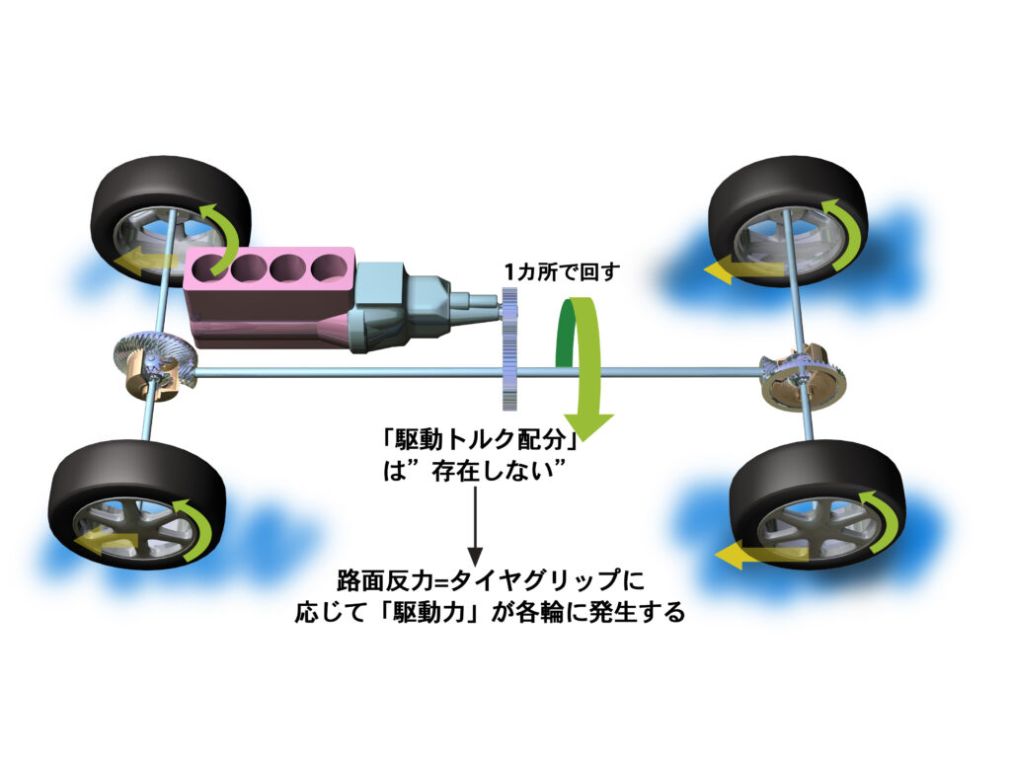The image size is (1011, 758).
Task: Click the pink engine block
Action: tap(267, 306)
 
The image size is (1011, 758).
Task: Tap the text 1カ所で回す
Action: tap(560, 272)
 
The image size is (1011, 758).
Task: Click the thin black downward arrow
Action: tap(474, 523)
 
